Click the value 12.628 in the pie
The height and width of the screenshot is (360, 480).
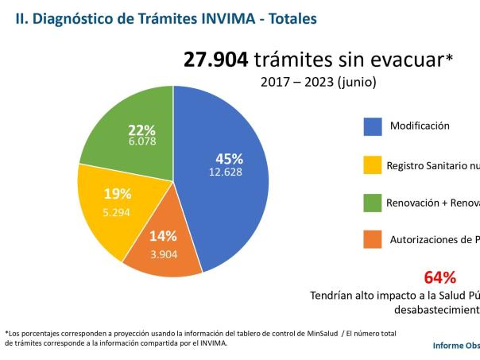[230, 172]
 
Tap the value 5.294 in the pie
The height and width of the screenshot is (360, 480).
[116, 212]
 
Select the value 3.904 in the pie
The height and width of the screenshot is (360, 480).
[164, 254]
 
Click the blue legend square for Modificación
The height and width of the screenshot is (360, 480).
[374, 126]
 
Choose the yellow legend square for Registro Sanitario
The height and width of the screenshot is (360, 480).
[374, 165]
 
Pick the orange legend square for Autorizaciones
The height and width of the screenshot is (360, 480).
[374, 238]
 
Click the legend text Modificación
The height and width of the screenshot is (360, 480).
[420, 126]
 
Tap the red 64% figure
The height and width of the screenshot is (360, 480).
[439, 277]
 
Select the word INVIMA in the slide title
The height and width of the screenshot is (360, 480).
[206, 17]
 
